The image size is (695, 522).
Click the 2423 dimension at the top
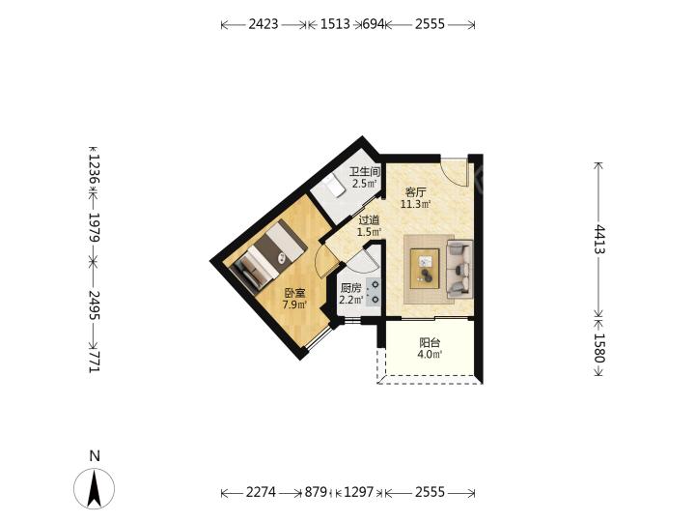(264, 24)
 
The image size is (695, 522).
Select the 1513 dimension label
(335, 24)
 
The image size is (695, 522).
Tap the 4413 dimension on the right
(599, 239)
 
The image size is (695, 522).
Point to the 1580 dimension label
(599, 348)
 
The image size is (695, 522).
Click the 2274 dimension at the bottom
(261, 492)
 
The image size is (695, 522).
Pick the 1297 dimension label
(359, 492)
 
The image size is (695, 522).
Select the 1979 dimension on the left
(95, 227)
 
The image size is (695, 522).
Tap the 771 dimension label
(95, 362)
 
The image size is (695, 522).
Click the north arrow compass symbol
(94, 488)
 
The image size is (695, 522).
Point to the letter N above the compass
(95, 456)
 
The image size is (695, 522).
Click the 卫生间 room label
(365, 172)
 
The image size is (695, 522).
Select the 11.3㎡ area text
(415, 204)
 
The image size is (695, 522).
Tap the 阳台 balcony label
(430, 342)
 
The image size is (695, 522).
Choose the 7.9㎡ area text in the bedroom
(294, 304)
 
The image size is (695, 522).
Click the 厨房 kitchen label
(350, 288)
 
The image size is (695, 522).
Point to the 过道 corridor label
(369, 220)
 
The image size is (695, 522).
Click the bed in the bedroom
(267, 256)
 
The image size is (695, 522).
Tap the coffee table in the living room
(425, 269)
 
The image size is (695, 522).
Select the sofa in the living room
(459, 269)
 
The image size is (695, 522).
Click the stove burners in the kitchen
(374, 292)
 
